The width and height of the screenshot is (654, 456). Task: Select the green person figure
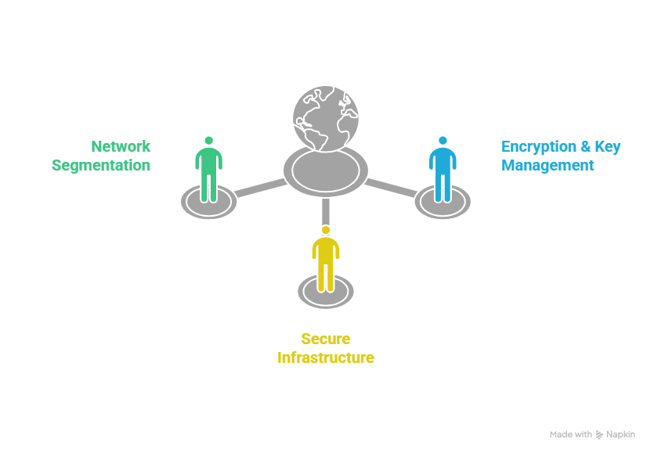click(x=208, y=171)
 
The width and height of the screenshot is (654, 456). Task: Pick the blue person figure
click(x=443, y=171)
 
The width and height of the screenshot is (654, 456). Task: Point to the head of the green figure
click(x=208, y=141)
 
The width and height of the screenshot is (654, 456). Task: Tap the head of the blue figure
click(x=443, y=141)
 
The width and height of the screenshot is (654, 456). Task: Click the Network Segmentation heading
click(x=101, y=156)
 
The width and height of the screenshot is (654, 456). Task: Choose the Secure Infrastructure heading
click(x=325, y=348)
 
